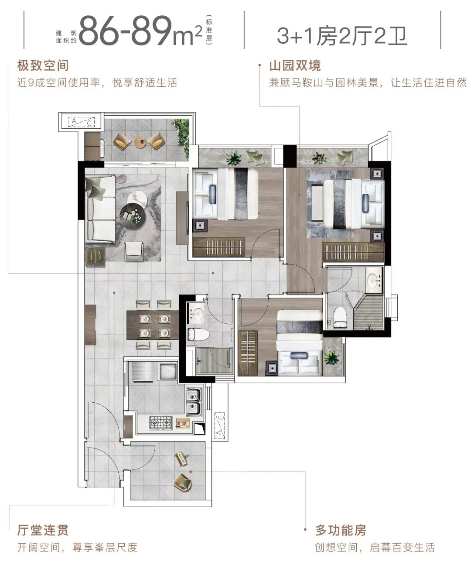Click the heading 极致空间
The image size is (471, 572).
[43, 66]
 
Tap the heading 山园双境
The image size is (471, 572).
[295, 66]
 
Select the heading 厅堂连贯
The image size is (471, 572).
[43, 530]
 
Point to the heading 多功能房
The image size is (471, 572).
[341, 531]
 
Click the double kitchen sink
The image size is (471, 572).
[193, 402]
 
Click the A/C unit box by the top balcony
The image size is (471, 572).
[82, 121]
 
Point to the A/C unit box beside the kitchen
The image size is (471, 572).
[220, 425]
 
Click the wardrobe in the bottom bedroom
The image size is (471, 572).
[248, 353]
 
